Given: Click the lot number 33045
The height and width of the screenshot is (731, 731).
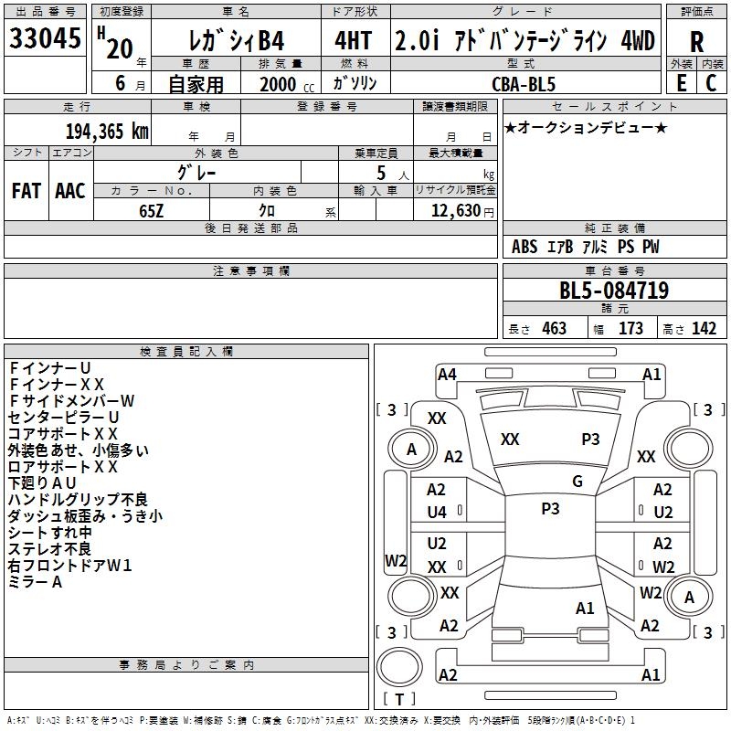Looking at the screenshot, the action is coord(45,39).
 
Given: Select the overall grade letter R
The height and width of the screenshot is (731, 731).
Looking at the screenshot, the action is coord(696,41).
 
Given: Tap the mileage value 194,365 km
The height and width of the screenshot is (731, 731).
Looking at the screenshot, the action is coord(107,131).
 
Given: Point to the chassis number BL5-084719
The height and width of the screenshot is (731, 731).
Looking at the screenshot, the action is coord(614,291).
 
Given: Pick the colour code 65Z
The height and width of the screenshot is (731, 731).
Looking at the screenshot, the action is coord(152,210).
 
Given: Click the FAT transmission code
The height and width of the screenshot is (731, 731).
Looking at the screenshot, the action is coord(26,190).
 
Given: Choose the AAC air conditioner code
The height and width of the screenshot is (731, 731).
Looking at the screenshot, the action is coord(70,190).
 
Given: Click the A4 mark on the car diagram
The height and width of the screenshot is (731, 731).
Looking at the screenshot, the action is coord(447,374).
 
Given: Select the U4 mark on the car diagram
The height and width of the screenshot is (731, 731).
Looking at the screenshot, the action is coord(437,513).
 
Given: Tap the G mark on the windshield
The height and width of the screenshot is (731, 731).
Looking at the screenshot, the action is coord(577,482).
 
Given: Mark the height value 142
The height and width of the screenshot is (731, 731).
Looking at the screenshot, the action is coord(704,329).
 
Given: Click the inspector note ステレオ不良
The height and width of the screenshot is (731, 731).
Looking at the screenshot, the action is coord(50,548).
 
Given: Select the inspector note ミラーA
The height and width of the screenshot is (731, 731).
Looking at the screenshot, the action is coord(36,581).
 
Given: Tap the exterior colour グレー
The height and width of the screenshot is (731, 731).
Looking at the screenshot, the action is coord(196,171).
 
